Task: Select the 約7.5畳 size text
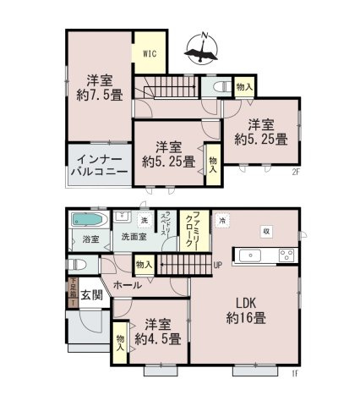[98, 95]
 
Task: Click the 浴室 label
[87, 239]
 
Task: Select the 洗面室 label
[133, 238]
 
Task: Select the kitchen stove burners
[286, 255]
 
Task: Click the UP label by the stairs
[217, 264]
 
